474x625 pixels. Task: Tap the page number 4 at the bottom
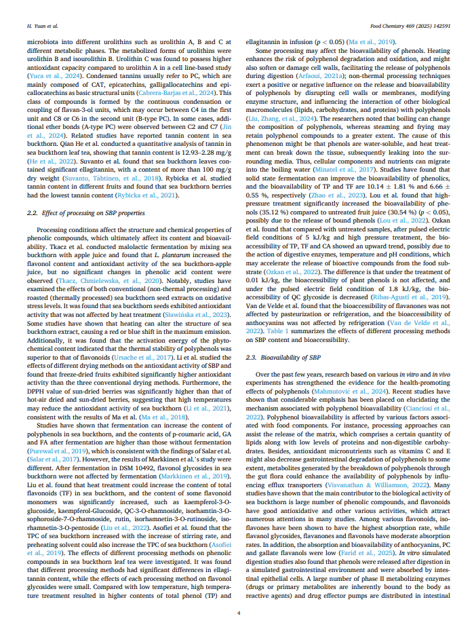[x=237, y=613]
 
